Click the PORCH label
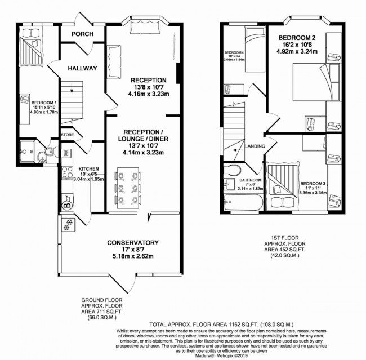82,34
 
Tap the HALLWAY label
83,68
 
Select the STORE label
67,135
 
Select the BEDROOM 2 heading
298,38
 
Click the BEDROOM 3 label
311,184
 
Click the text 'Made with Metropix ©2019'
183,355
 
